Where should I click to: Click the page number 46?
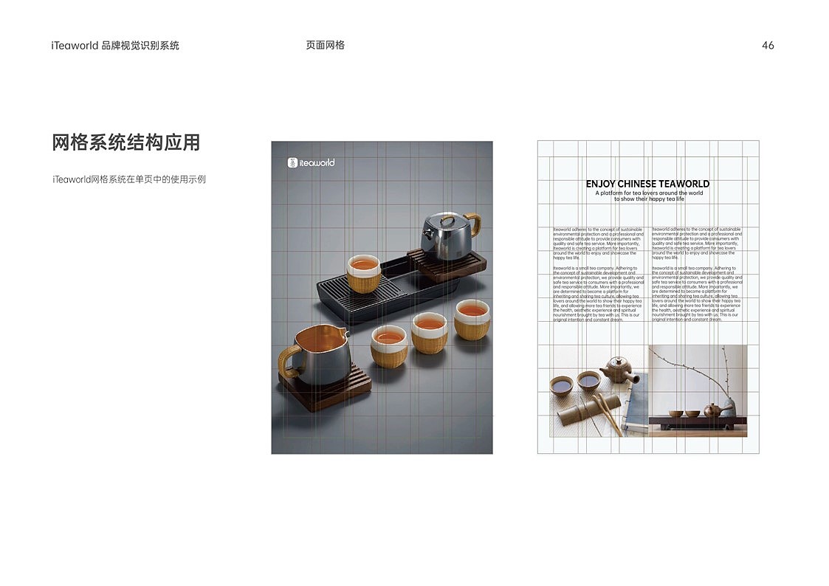pyautogui.click(x=768, y=46)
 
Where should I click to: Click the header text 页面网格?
pyautogui.click(x=325, y=45)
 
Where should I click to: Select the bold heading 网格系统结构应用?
pyautogui.click(x=125, y=142)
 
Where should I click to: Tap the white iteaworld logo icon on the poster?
pyautogui.click(x=293, y=162)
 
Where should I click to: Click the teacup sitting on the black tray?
pyautogui.click(x=363, y=273)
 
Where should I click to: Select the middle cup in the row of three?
pyautogui.click(x=429, y=331)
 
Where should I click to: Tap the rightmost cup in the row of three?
pyautogui.click(x=472, y=319)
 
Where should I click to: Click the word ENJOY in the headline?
pyautogui.click(x=600, y=184)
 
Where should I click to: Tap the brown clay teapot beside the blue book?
pyautogui.click(x=618, y=370)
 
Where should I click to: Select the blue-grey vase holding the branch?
pyautogui.click(x=728, y=407)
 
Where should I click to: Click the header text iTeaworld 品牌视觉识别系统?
pyautogui.click(x=115, y=46)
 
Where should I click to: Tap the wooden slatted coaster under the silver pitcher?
pyautogui.click(x=325, y=391)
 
